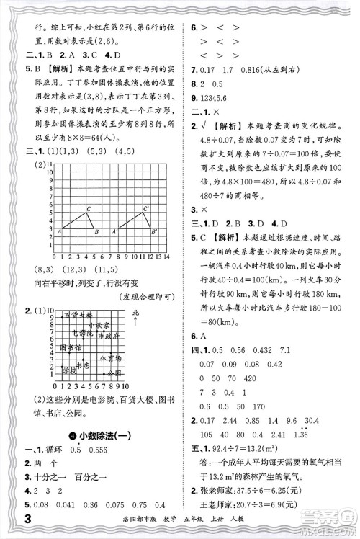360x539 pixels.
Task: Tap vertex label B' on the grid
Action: tap(154, 233)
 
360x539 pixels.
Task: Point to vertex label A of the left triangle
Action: tap(59, 233)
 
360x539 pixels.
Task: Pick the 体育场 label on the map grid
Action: tap(111, 357)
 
